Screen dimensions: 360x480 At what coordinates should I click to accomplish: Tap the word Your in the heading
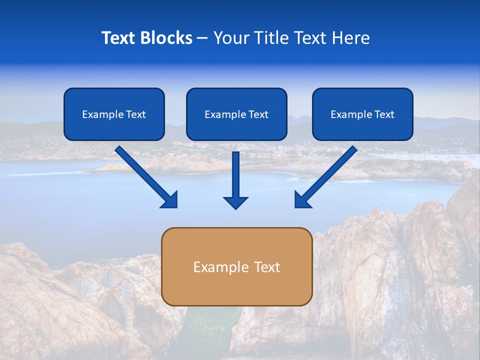pyautogui.click(x=231, y=38)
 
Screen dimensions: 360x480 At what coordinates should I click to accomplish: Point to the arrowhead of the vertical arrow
pyautogui.click(x=235, y=202)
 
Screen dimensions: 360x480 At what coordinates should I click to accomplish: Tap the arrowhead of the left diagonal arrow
pyautogui.click(x=170, y=200)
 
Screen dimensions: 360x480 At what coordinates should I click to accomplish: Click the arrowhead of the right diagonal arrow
pyautogui.click(x=302, y=200)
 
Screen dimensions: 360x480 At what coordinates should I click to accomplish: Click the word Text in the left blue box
pyautogui.click(x=136, y=114)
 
